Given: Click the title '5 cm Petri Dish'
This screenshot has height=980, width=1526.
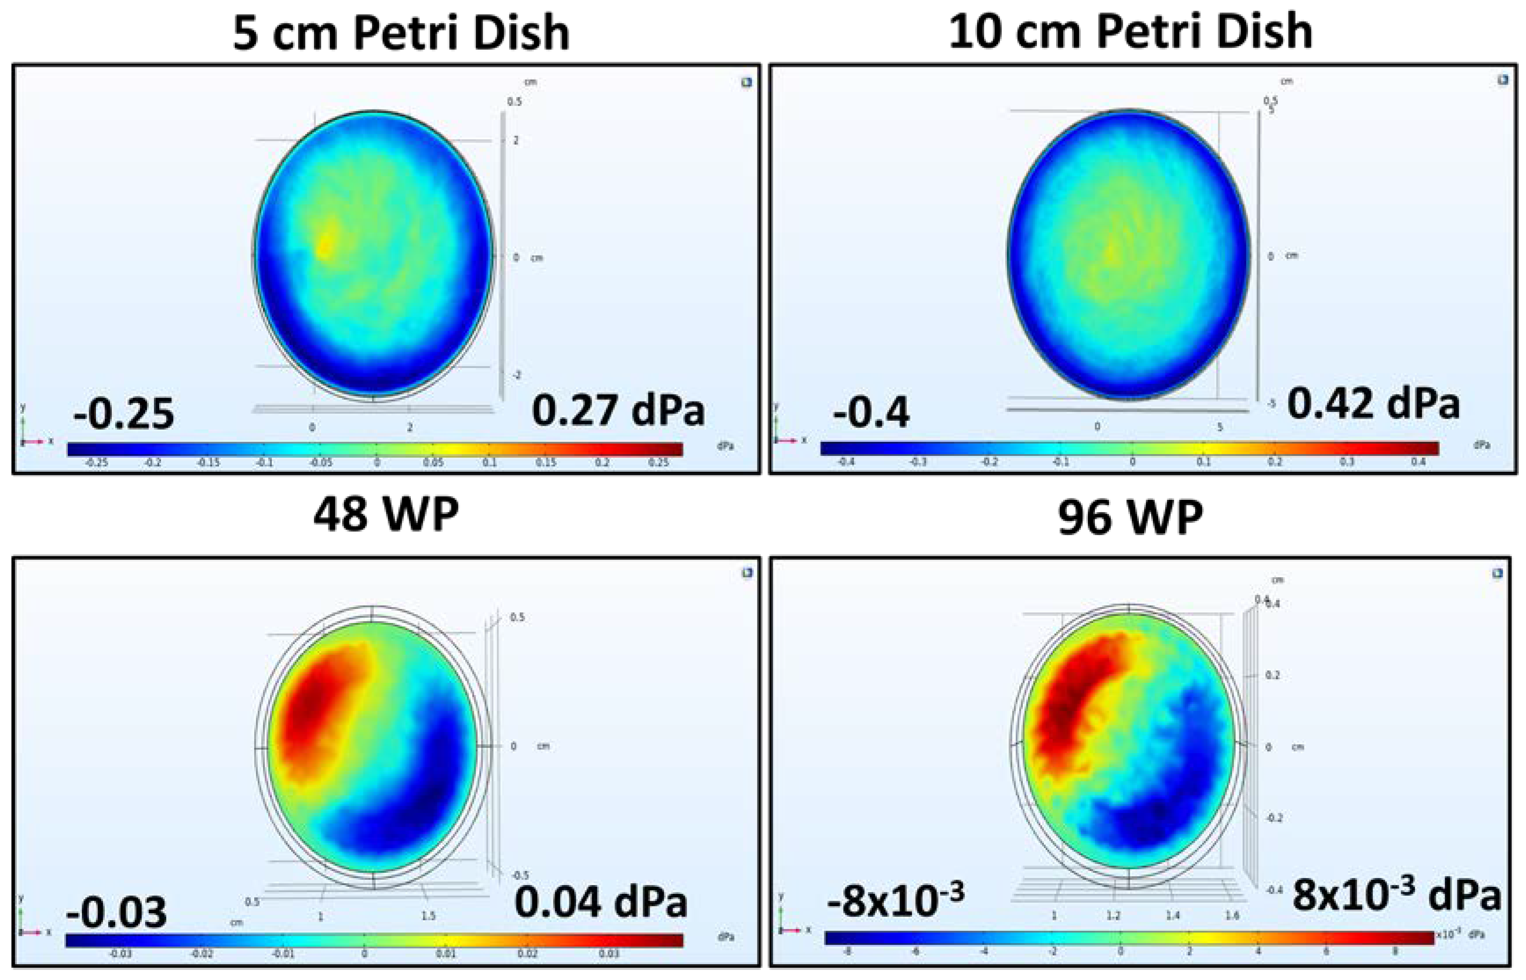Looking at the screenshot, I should pyautogui.click(x=400, y=33).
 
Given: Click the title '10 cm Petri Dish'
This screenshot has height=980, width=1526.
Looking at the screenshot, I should pyautogui.click(x=1130, y=32).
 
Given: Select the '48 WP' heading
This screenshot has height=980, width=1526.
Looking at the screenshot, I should pyautogui.click(x=386, y=514).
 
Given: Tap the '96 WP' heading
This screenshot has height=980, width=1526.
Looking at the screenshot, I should pyautogui.click(x=1130, y=517).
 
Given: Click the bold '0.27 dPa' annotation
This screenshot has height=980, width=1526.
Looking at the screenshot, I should pyautogui.click(x=618, y=411).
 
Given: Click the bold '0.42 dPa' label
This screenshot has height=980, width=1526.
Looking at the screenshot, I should pyautogui.click(x=1372, y=404).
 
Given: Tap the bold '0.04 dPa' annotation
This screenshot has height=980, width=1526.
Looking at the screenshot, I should pyautogui.click(x=600, y=902).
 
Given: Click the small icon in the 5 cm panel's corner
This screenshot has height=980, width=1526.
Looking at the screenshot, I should pyautogui.click(x=747, y=82).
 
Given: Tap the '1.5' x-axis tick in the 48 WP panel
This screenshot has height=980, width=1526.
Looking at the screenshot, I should pyautogui.click(x=428, y=916).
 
